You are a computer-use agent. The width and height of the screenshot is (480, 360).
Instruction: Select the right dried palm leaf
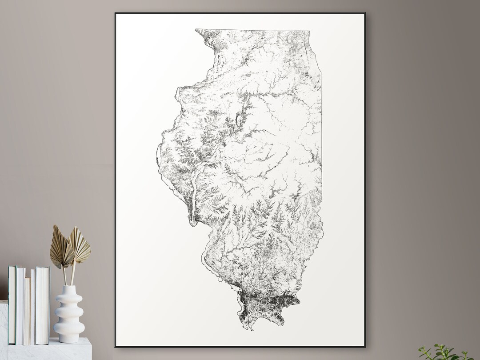(x=80, y=244)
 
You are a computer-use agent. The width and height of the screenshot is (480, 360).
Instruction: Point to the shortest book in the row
(x=27, y=311)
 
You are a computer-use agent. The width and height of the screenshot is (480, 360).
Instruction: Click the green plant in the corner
(x=444, y=353)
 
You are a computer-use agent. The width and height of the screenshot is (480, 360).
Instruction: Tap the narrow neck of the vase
(x=69, y=290)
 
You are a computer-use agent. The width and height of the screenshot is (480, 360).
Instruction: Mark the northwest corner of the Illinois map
(x=196, y=30)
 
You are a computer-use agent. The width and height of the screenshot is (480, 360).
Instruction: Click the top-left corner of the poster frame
(x=115, y=13)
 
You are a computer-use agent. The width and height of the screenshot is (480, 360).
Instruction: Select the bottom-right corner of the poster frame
(x=365, y=346)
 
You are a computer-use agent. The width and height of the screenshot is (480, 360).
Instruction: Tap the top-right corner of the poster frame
(x=365, y=13)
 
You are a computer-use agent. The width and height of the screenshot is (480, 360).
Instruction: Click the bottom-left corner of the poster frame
(x=115, y=346)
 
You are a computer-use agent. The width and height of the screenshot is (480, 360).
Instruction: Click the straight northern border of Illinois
(x=253, y=31)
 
